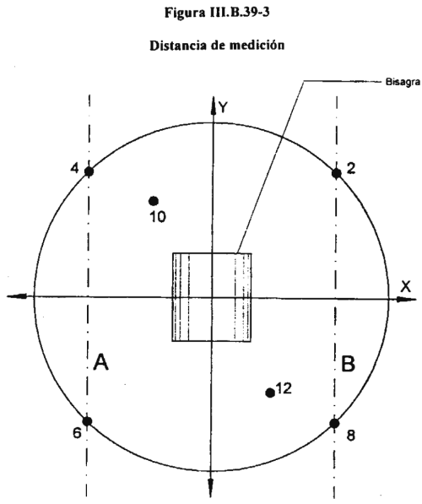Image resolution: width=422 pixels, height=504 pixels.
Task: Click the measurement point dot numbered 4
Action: [89, 171]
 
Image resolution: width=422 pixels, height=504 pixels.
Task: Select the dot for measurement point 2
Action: [336, 174]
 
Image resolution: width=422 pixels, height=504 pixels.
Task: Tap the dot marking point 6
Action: [87, 421]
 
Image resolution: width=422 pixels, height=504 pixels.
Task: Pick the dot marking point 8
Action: [334, 424]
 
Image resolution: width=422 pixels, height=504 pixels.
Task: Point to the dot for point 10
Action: [154, 201]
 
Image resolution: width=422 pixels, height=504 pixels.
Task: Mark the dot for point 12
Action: [270, 393]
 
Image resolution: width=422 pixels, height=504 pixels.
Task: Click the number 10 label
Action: [158, 217]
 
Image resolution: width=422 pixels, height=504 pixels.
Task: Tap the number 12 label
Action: [284, 388]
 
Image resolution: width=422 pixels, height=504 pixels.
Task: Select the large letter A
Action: [101, 361]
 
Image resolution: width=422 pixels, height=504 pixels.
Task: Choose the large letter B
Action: [348, 364]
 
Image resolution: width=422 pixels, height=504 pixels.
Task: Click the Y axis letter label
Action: [223, 107]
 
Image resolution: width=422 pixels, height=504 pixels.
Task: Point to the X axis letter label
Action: [406, 286]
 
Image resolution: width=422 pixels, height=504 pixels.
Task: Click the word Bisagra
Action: [403, 82]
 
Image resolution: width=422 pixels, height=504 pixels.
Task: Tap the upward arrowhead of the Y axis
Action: [213, 105]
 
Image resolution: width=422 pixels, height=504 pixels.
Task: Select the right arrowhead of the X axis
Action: [406, 299]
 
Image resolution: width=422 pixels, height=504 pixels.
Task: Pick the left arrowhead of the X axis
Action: [16, 296]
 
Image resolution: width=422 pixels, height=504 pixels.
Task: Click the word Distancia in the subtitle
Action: [178, 46]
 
